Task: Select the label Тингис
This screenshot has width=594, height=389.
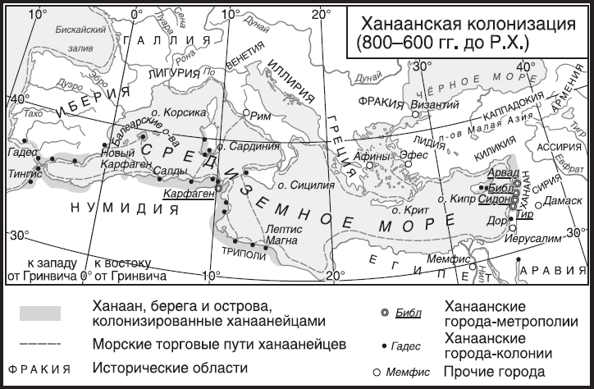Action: [22, 173]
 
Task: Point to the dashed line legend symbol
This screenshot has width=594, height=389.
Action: [39, 340]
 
